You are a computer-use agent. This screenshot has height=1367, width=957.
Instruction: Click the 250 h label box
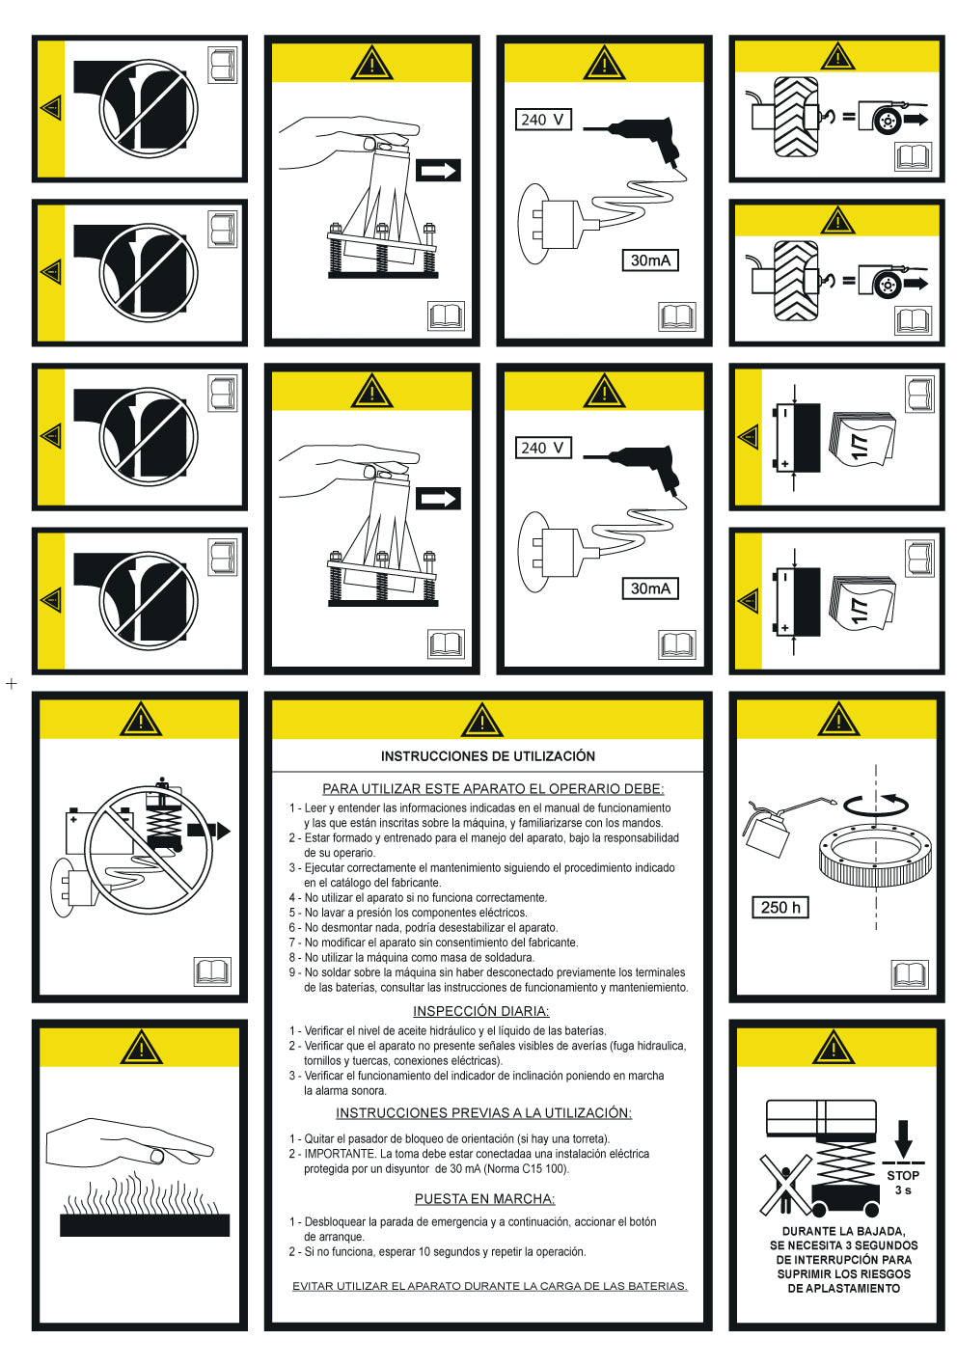[779, 907]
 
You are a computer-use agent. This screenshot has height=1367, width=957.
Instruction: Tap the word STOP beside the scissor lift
[903, 1175]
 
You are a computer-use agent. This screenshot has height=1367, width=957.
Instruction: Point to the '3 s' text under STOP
[903, 1190]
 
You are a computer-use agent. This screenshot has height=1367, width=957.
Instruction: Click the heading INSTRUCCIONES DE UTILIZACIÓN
[487, 756]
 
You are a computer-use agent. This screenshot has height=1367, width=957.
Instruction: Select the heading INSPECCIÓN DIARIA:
[480, 1011]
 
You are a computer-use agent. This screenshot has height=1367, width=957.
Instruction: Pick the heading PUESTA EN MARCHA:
[484, 1199]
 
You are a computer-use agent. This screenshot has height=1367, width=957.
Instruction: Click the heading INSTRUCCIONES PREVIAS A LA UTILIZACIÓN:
[483, 1113]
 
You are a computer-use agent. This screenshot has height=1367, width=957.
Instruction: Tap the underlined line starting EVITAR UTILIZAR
[489, 1286]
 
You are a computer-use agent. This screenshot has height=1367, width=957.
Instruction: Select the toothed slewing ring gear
[876, 857]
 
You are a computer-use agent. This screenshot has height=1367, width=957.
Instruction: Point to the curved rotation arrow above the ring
[875, 804]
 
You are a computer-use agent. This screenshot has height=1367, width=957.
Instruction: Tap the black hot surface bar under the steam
[145, 1225]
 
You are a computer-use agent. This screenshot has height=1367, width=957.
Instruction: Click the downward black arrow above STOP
[903, 1138]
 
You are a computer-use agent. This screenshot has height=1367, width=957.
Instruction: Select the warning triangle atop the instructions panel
[482, 721]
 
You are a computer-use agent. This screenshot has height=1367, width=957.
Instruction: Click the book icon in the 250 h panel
[909, 973]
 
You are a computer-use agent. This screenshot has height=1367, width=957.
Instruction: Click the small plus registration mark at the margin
[12, 684]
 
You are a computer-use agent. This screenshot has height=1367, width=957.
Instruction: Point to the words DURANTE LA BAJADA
[843, 1231]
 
